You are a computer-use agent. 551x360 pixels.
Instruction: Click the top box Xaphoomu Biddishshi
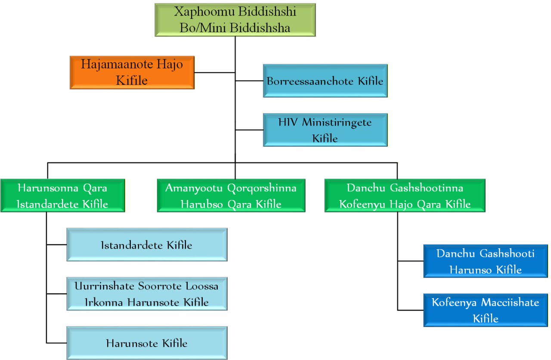coord(235,20)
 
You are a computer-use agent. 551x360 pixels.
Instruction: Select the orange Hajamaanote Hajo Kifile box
coord(132,72)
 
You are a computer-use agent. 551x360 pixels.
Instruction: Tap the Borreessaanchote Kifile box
coord(325,81)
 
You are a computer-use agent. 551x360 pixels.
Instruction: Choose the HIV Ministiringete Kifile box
coord(325,129)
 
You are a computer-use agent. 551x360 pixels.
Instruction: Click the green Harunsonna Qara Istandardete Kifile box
coord(62,196)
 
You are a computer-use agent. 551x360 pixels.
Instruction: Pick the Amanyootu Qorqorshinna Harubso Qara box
coord(231,196)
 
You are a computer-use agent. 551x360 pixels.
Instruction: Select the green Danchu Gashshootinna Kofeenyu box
coord(405,196)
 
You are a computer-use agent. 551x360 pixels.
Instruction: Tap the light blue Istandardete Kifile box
coord(147,245)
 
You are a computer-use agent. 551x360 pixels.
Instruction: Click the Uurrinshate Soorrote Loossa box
coord(147,294)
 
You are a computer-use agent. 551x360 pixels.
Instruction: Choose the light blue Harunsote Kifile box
coord(147,343)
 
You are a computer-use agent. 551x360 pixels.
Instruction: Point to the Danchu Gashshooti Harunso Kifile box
coord(485,261)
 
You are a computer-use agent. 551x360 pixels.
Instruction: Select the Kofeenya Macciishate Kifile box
coord(485,310)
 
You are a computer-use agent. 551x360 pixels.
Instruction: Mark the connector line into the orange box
coord(214,72)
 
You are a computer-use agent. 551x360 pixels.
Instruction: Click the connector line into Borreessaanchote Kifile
coord(249,80)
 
